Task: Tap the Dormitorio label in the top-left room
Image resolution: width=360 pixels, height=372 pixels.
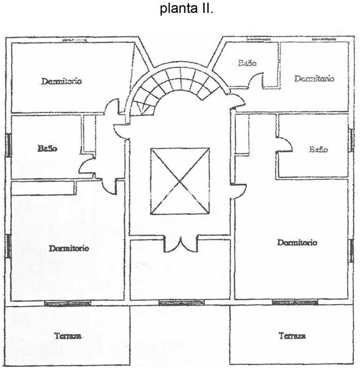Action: click(62, 81)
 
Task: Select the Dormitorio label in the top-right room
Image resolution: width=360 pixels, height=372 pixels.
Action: click(314, 79)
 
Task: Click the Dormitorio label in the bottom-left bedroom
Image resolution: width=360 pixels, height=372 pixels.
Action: click(69, 248)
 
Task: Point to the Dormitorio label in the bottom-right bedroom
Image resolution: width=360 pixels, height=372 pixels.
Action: click(297, 242)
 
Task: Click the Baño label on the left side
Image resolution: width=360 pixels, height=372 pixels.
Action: click(47, 148)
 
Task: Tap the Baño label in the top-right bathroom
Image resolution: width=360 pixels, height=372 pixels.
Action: click(247, 63)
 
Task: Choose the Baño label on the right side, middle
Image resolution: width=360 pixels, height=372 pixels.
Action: click(318, 149)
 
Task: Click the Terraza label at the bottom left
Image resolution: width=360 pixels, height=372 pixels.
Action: click(67, 336)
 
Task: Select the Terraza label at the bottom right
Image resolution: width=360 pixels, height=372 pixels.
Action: click(292, 336)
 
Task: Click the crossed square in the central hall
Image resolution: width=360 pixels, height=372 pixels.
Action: click(180, 181)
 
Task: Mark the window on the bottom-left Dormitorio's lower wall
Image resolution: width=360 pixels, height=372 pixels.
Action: click(67, 303)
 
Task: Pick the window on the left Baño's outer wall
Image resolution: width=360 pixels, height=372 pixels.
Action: click(8, 145)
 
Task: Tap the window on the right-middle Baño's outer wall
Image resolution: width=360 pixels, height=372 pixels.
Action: click(351, 140)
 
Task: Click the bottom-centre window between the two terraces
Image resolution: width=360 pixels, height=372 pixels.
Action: click(174, 303)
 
